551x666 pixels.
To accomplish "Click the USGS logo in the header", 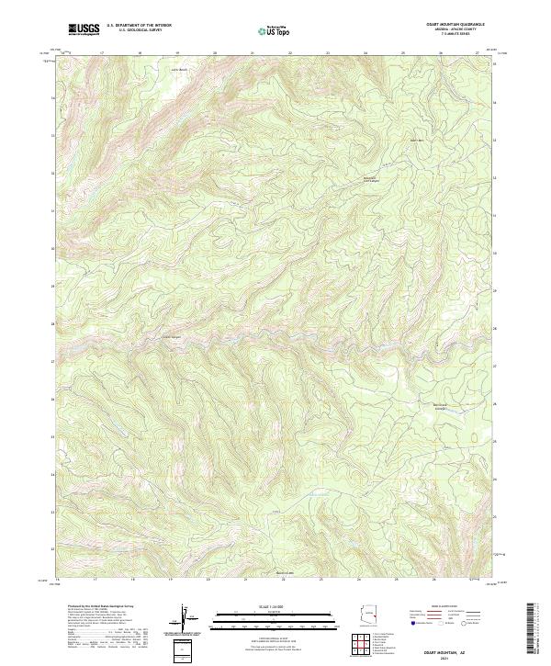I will pyautogui.click(x=84, y=29).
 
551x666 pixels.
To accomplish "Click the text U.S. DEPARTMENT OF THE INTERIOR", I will pyautogui.click(x=140, y=26).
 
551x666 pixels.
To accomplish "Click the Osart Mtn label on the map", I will pyautogui.click(x=416, y=140).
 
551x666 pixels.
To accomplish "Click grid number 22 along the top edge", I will pyautogui.click(x=289, y=53).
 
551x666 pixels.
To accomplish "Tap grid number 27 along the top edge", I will pyautogui.click(x=477, y=53).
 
